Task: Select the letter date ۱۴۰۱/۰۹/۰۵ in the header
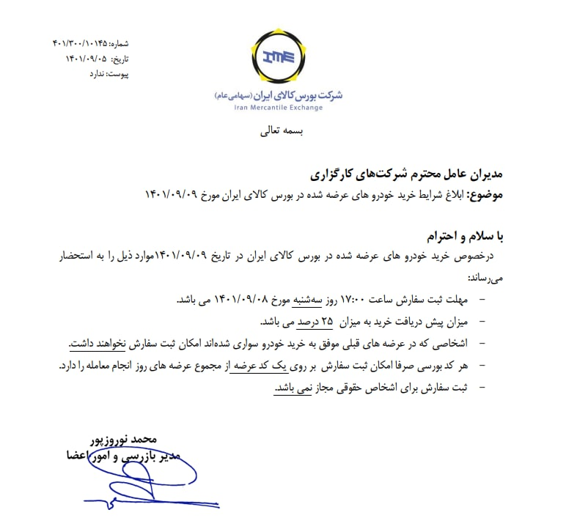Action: [87, 59]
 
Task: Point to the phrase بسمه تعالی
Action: [282, 133]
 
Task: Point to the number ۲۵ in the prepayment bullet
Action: [327, 321]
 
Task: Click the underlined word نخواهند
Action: [117, 342]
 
